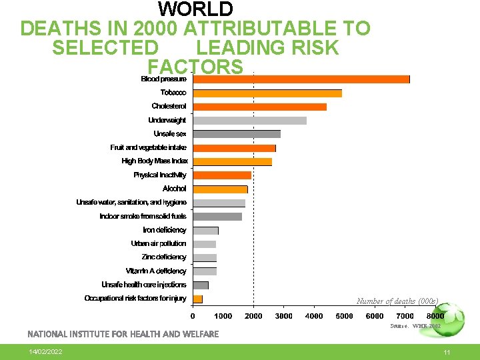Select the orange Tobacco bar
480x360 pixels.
(x=267, y=93)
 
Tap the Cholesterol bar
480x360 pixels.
(x=260, y=107)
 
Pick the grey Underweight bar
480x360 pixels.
(x=250, y=121)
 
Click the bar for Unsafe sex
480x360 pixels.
(x=237, y=134)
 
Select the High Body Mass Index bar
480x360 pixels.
(x=233, y=161)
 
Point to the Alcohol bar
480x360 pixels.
(x=221, y=189)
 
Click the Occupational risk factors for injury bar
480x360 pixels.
(x=198, y=299)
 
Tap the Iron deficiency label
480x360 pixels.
(x=165, y=230)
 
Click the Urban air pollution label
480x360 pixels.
(x=159, y=244)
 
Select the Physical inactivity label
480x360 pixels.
(x=160, y=175)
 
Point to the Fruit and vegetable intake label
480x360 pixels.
(x=149, y=147)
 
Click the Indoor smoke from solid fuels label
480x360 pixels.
(x=143, y=217)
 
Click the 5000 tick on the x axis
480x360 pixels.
(x=344, y=316)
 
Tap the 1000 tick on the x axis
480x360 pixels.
(x=223, y=316)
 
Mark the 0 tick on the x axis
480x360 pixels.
(x=193, y=316)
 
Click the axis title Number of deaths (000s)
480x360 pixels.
(x=397, y=301)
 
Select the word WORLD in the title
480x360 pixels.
(x=195, y=9)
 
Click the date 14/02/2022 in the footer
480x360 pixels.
(x=46, y=351)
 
